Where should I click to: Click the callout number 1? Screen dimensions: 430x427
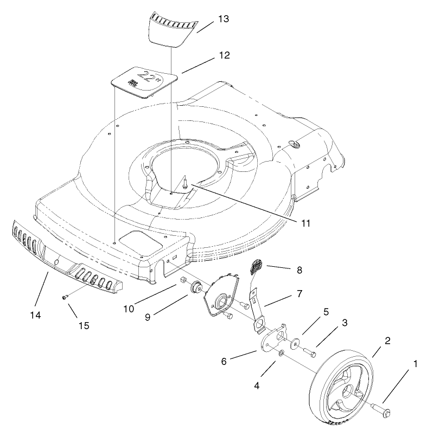click(415, 364)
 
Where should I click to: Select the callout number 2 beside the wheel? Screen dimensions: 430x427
click(387, 341)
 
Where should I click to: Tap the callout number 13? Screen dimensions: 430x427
click(223, 19)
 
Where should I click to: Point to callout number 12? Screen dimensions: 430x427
click(224, 55)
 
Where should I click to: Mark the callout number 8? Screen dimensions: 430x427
click(299, 269)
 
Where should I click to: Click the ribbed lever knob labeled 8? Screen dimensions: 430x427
click(256, 267)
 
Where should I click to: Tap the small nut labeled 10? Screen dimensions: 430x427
click(183, 281)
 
